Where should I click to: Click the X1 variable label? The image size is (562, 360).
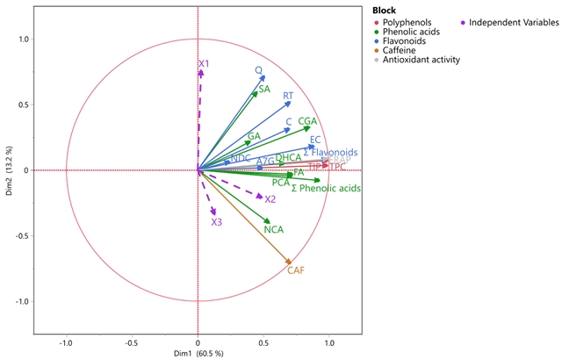pyautogui.click(x=204, y=64)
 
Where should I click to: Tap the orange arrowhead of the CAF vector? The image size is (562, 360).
pyautogui.click(x=289, y=261)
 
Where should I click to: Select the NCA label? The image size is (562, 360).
pyautogui.click(x=274, y=230)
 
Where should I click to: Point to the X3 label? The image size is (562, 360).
pyautogui.click(x=216, y=223)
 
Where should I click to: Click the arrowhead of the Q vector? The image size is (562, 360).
pyautogui.click(x=263, y=77)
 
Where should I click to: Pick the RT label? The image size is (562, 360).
pyautogui.click(x=288, y=97)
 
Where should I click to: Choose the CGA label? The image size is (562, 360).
pyautogui.click(x=307, y=121)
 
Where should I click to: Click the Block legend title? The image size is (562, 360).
pyautogui.click(x=385, y=8)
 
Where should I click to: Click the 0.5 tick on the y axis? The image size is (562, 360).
pyautogui.click(x=22, y=105)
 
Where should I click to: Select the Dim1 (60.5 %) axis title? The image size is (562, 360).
pyautogui.click(x=198, y=353)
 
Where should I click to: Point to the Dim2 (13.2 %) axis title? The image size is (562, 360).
pyautogui.click(x=8, y=170)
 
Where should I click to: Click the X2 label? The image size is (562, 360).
pyautogui.click(x=270, y=200)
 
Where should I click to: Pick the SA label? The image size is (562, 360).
pyautogui.click(x=263, y=90)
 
